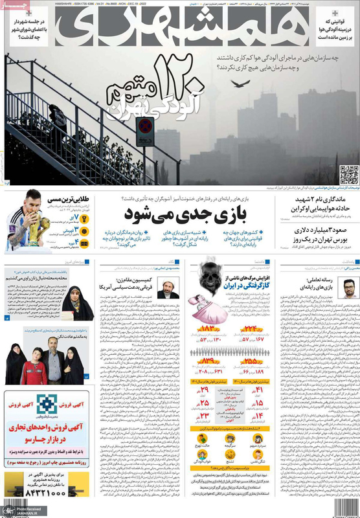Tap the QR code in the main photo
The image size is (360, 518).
click(348, 175)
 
